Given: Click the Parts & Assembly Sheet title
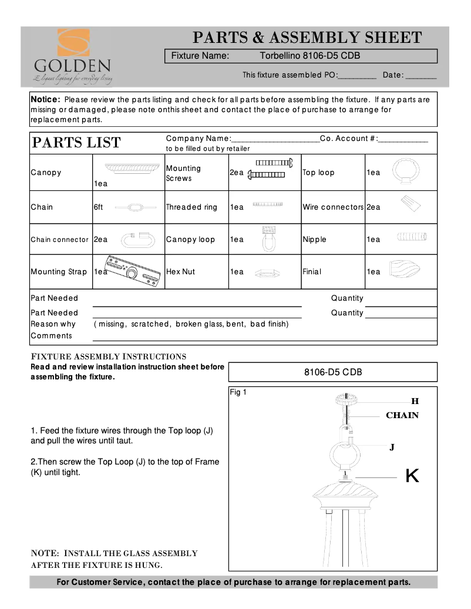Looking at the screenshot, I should click(x=308, y=38).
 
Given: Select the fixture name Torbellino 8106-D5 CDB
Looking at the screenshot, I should click(x=309, y=56).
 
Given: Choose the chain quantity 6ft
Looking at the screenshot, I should click(x=98, y=207).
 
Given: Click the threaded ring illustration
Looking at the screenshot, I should click(x=269, y=204).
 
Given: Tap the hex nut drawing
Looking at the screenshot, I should click(x=268, y=273).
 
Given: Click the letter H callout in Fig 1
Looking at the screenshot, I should click(x=415, y=402).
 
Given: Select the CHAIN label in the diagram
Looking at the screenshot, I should click(x=402, y=416).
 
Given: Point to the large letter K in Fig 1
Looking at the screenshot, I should click(x=412, y=476).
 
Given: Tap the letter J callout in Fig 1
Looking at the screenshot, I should click(x=392, y=448).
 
